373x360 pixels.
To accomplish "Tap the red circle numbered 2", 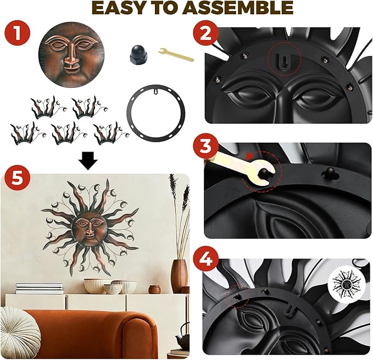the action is (206, 33).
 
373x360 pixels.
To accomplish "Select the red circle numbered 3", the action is (206, 145).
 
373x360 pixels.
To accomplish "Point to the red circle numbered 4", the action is (206, 259).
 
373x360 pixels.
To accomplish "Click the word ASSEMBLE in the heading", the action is (239, 8).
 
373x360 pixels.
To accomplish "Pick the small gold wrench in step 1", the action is (176, 54).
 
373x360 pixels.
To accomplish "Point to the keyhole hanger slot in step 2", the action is (285, 61).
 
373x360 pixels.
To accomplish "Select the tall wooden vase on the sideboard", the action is (180, 276).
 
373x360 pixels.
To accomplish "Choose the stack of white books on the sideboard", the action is (39, 288).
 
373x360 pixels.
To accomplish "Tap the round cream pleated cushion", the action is (20, 333).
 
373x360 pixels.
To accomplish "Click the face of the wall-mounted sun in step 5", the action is (89, 229).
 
